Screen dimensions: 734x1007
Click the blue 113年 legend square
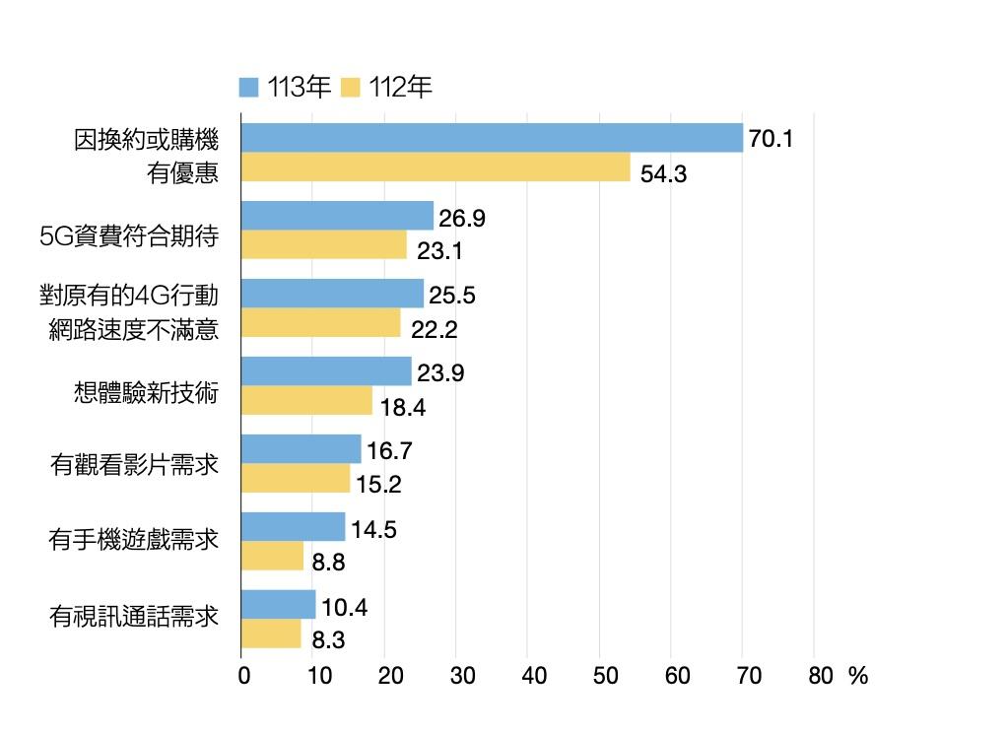pyautogui.click(x=249, y=88)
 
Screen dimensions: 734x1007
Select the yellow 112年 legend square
pyautogui.click(x=351, y=88)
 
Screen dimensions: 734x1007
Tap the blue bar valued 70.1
pyautogui.click(x=491, y=138)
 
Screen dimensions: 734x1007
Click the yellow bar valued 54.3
pyautogui.click(x=435, y=167)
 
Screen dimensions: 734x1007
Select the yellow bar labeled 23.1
pyautogui.click(x=323, y=244)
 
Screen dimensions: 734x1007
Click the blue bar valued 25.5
pyautogui.click(x=331, y=294)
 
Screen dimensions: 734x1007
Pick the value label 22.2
pyautogui.click(x=435, y=329)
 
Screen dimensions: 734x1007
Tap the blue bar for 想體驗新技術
pyautogui.click(x=325, y=371)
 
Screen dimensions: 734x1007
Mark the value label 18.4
pyautogui.click(x=403, y=406)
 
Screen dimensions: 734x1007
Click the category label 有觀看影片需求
pyautogui.click(x=134, y=462)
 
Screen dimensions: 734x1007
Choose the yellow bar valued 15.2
pyautogui.click(x=295, y=479)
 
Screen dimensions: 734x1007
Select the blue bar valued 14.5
pyautogui.click(x=293, y=527)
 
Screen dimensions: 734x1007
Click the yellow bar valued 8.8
pyautogui.click(x=272, y=556)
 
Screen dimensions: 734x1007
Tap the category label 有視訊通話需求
pyautogui.click(x=134, y=618)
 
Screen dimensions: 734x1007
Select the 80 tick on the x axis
pyautogui.click(x=820, y=677)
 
